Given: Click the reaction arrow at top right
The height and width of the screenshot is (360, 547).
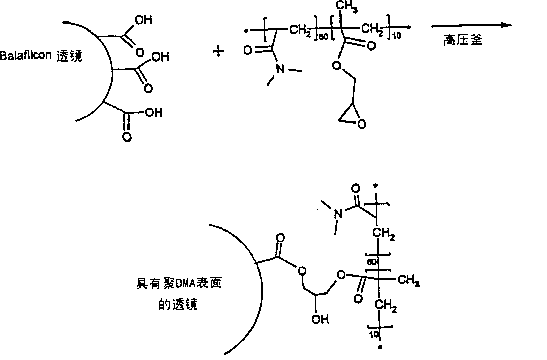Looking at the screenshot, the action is click(x=471, y=25).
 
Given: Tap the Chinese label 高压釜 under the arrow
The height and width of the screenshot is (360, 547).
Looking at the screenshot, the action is click(x=463, y=40).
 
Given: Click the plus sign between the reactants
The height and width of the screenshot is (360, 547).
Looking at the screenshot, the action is click(x=218, y=52).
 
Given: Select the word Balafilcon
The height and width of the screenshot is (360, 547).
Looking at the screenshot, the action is click(x=26, y=55).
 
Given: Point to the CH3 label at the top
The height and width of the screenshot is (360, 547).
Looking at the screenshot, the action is click(x=346, y=6).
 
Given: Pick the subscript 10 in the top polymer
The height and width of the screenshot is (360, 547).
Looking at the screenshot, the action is click(x=397, y=36).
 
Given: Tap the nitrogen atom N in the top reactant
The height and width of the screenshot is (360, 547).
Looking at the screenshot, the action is click(x=280, y=69).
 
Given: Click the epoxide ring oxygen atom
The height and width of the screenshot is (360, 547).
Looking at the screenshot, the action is click(x=362, y=124).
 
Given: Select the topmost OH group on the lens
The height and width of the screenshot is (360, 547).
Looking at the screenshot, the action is click(x=143, y=19).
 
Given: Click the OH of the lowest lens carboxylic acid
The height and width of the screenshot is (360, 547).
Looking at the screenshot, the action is click(x=154, y=112).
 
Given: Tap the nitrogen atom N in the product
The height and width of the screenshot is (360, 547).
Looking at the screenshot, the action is click(x=338, y=214).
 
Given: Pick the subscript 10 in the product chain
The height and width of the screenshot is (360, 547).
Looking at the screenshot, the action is click(x=374, y=335).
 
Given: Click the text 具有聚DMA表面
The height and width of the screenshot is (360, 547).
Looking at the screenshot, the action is click(x=178, y=283).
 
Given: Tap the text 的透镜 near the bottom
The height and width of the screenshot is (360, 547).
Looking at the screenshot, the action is click(x=178, y=304).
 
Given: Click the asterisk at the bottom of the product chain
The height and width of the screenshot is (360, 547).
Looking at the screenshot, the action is click(x=380, y=348).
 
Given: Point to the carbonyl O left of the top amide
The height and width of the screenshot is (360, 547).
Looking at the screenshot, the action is click(x=248, y=51).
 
